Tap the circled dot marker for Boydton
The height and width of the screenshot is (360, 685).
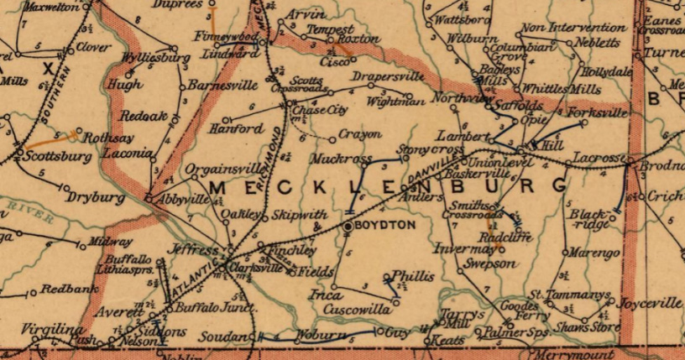click(347, 226)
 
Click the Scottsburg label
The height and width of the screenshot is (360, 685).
click(54, 156)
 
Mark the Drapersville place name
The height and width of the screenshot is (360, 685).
click(387, 76)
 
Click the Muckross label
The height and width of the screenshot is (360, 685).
click(341, 158)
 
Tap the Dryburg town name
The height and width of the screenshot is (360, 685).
click(86, 190)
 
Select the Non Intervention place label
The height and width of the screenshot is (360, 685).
click(557, 28)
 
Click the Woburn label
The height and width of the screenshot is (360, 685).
click(316, 336)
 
